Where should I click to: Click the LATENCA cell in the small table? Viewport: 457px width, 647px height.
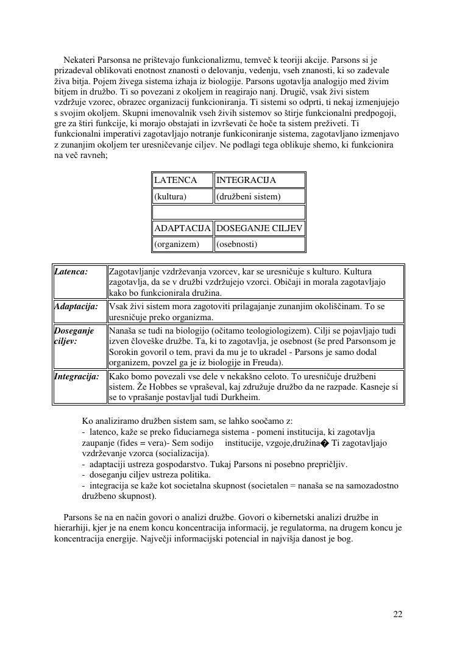pos(175,180)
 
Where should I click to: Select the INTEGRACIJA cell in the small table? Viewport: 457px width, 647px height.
pos(246,180)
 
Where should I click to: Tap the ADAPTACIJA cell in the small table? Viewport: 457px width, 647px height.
pos(182,228)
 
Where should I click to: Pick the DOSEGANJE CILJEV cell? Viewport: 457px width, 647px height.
pos(259,228)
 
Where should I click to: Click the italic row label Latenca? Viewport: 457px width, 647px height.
pos(71,271)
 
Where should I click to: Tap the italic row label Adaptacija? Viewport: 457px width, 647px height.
pos(76,306)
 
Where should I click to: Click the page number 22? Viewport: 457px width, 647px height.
pos(398,614)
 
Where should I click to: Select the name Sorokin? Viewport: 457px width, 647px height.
pos(124,352)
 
